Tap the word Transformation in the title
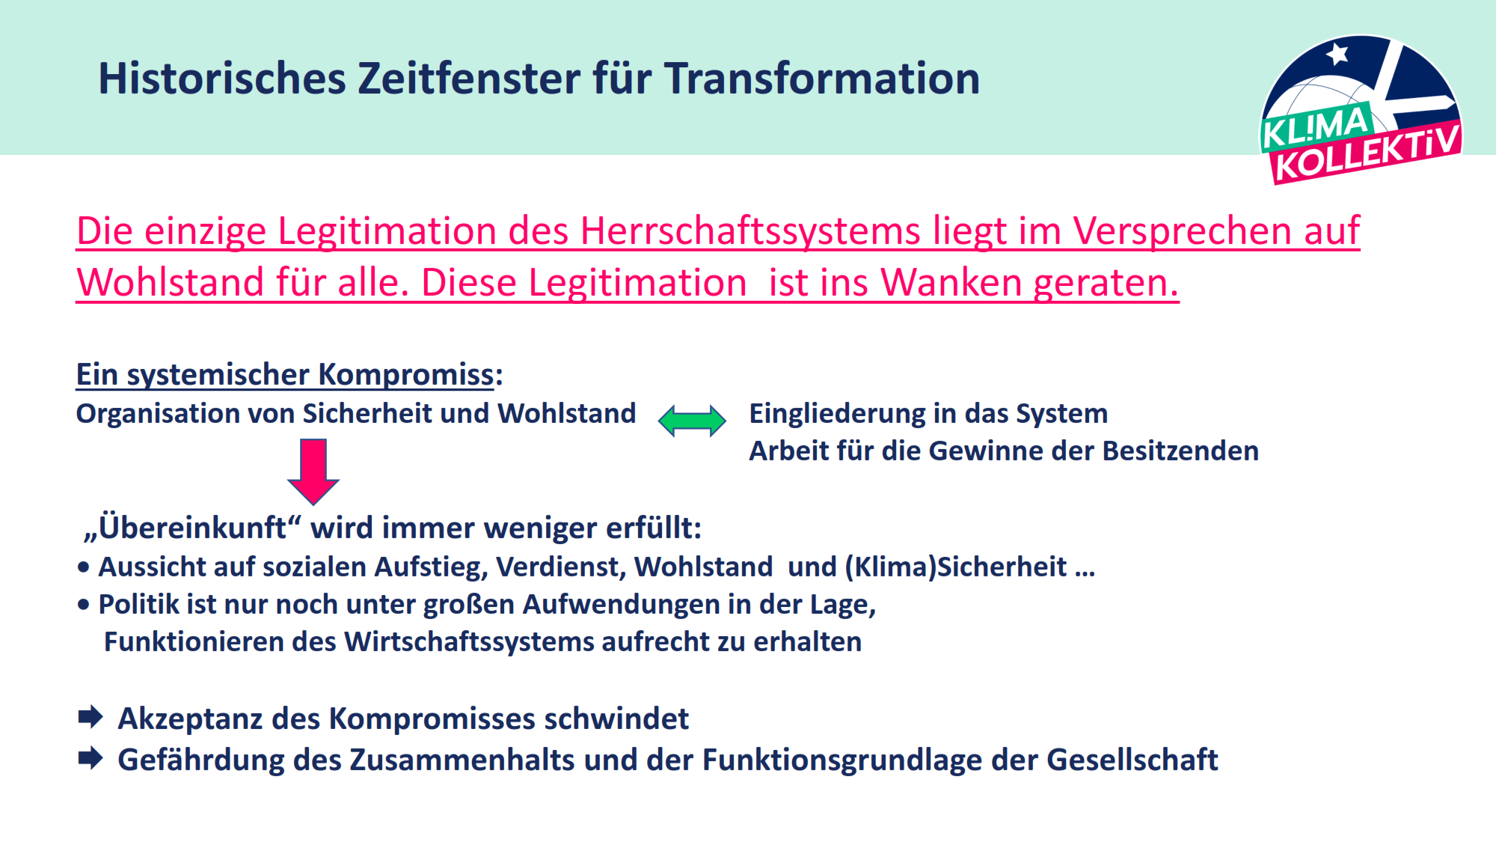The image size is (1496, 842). (x=822, y=79)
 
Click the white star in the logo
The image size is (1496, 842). (x=1337, y=54)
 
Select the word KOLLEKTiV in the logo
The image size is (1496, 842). (x=1367, y=153)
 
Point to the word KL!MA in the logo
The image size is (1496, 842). (x=1316, y=126)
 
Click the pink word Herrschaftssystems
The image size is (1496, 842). (x=750, y=231)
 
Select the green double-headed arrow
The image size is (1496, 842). (x=692, y=421)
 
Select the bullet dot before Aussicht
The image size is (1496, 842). (x=83, y=568)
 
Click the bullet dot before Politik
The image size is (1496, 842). (x=83, y=605)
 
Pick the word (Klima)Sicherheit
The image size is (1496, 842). (x=956, y=567)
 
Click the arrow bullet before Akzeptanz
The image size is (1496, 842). (x=91, y=717)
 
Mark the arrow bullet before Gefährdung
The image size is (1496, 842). (x=91, y=758)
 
